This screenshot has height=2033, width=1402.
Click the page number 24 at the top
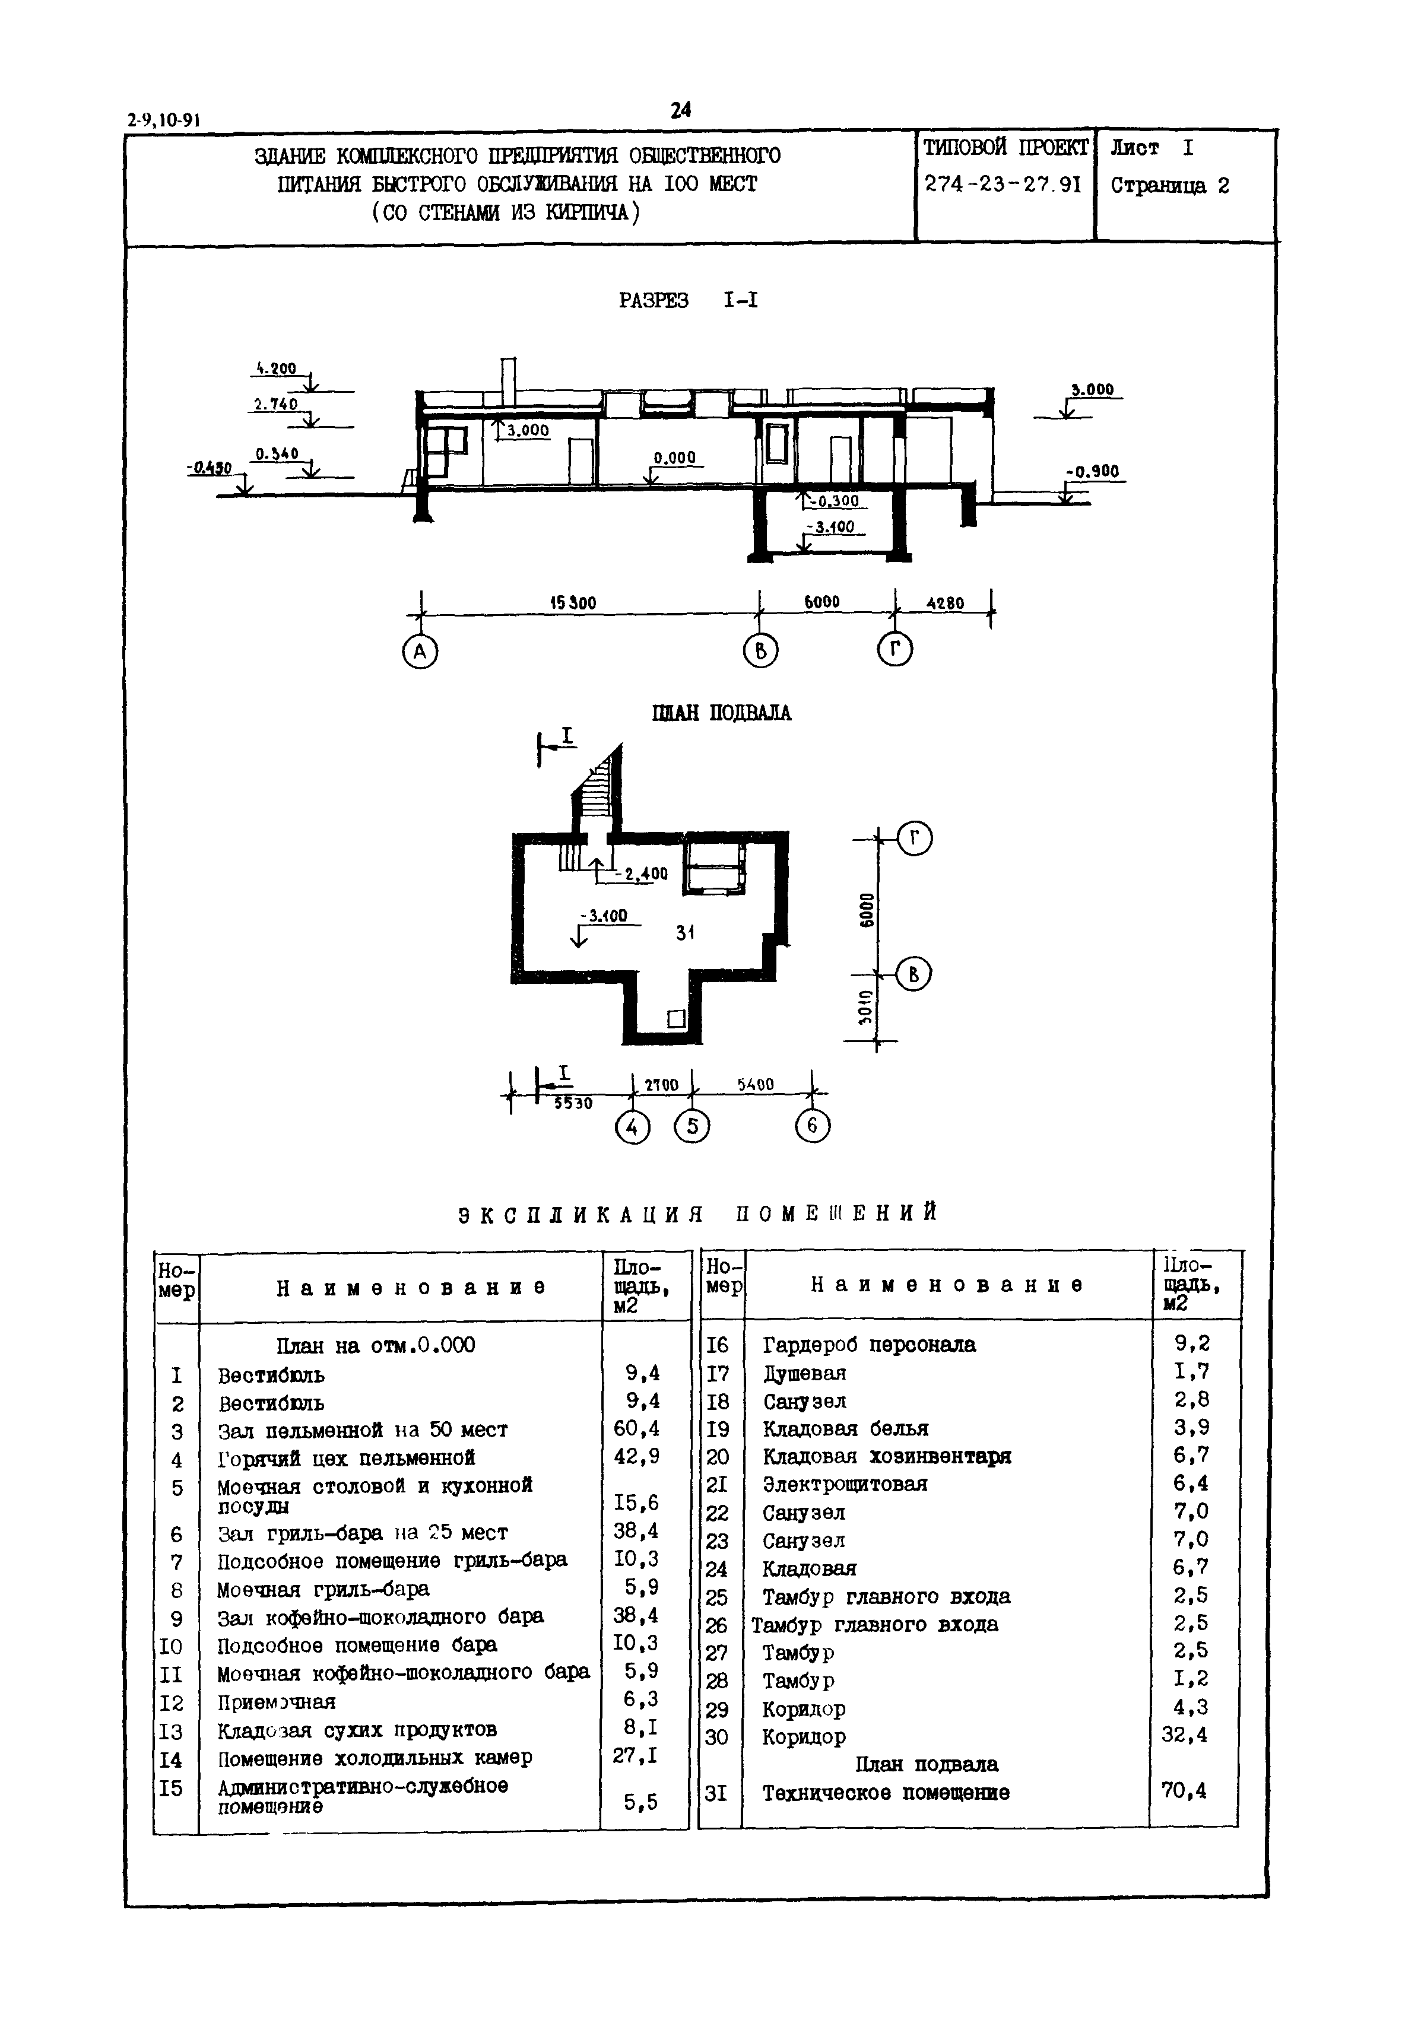click(x=681, y=110)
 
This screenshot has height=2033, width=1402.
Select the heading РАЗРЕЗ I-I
click(x=688, y=300)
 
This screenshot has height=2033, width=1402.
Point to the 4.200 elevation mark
click(x=276, y=370)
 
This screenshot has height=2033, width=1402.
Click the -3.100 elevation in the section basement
click(x=830, y=528)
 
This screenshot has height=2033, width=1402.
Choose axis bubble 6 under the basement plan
click(x=813, y=1126)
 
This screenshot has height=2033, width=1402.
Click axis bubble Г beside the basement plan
click(x=915, y=840)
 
